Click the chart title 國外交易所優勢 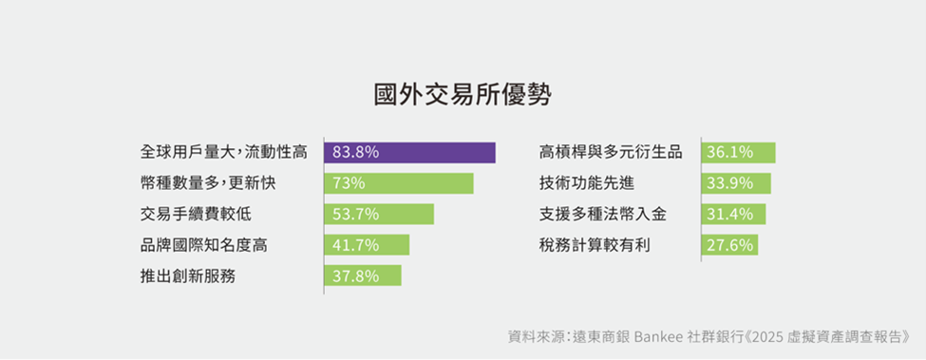[463, 95]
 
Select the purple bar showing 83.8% [410, 152]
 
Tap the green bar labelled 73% [399, 183]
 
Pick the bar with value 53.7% [379, 215]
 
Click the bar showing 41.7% [367, 245]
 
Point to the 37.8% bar [363, 275]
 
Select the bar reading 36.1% [739, 152]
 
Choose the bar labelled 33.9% [736, 183]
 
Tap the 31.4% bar [734, 215]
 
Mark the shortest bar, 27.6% [730, 245]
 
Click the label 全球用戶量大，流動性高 [224, 152]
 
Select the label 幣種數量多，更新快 [208, 183]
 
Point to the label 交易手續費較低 [196, 215]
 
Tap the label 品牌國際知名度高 [204, 245]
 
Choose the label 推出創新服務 [188, 275]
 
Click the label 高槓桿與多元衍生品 [611, 152]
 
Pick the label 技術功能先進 [587, 183]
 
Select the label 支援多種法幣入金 [603, 215]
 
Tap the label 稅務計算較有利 [595, 245]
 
